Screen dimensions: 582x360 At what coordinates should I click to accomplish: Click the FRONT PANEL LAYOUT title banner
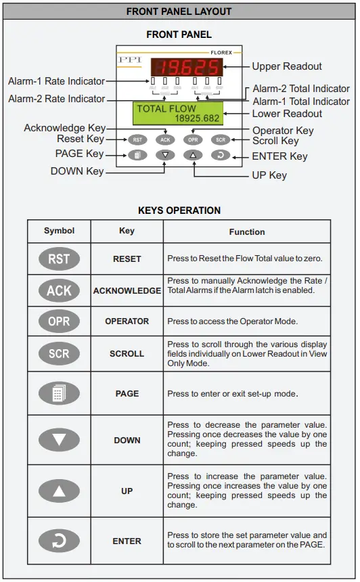click(179, 12)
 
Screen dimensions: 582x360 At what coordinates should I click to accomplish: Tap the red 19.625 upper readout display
click(185, 66)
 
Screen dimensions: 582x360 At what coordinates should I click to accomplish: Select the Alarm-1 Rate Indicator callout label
click(57, 81)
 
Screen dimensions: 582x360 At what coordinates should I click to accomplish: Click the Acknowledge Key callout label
click(64, 128)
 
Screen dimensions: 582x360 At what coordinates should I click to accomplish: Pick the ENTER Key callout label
click(279, 156)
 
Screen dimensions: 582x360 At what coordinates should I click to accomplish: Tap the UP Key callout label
click(269, 175)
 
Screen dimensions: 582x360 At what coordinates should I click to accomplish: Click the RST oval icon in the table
click(59, 258)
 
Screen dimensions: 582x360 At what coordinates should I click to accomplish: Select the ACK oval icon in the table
click(59, 290)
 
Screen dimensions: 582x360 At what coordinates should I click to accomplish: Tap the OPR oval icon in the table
click(59, 321)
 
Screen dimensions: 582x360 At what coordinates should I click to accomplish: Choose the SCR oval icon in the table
click(59, 353)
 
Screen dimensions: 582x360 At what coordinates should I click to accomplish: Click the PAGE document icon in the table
click(59, 393)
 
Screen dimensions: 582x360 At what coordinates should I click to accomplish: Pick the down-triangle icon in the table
click(59, 440)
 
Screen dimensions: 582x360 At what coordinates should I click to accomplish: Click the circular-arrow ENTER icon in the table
click(59, 541)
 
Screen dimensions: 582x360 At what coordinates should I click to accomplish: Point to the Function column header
click(247, 231)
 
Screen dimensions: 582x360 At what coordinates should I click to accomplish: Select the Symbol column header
click(59, 231)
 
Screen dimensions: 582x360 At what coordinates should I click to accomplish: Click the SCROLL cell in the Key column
click(127, 353)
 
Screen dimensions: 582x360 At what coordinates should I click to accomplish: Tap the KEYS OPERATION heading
click(179, 210)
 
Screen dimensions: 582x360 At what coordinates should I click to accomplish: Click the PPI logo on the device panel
click(131, 60)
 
